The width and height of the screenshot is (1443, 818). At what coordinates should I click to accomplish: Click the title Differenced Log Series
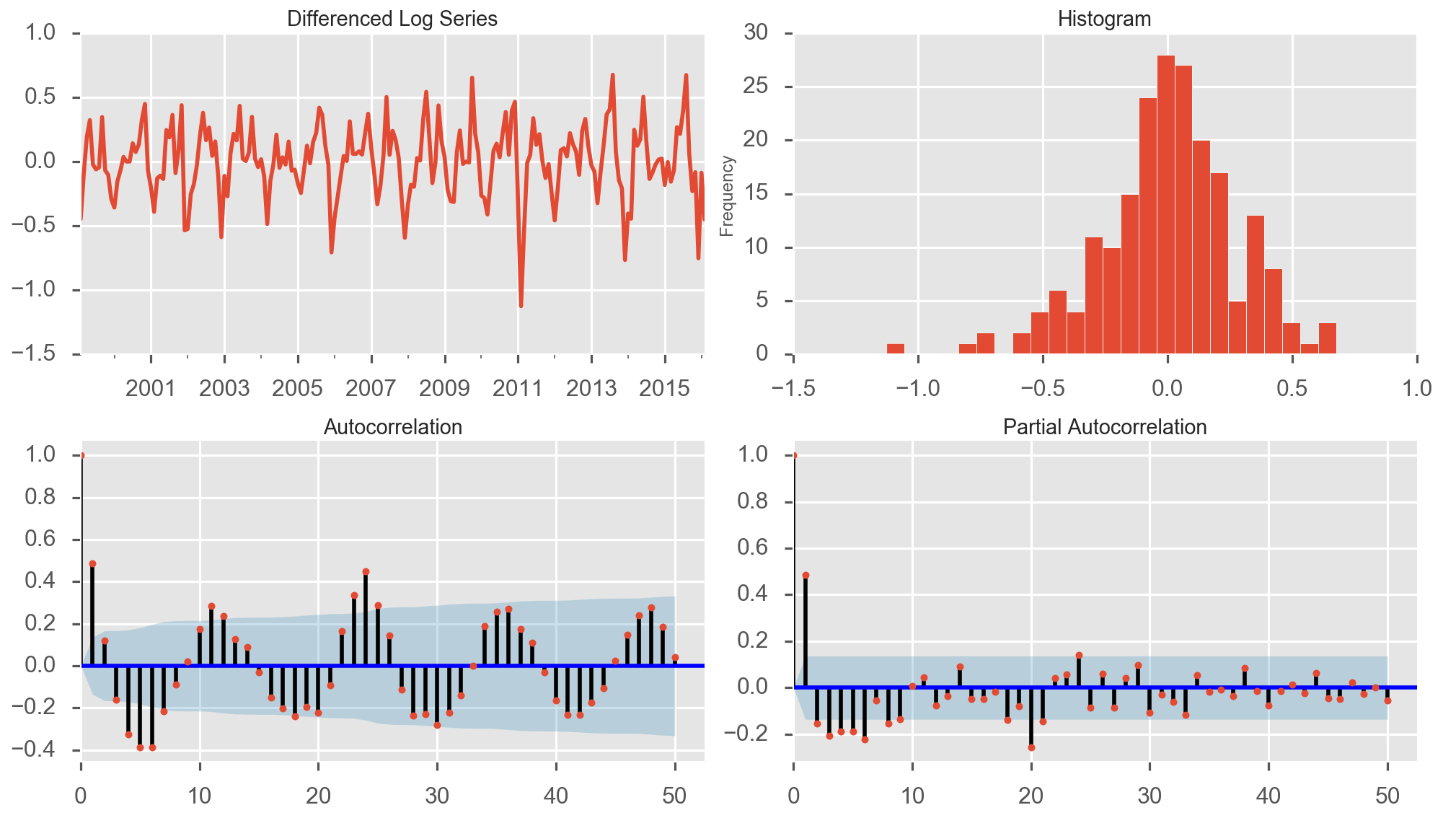(x=392, y=19)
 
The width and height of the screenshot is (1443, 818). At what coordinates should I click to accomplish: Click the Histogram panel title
(x=1104, y=19)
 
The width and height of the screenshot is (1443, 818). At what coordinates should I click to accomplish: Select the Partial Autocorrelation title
(x=1104, y=427)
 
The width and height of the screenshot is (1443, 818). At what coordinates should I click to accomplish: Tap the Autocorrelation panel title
(x=392, y=427)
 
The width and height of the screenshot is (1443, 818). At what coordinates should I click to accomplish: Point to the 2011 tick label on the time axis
(x=517, y=389)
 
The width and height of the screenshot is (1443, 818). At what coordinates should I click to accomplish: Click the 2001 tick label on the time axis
(x=150, y=389)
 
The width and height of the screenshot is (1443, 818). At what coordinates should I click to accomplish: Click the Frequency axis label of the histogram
(x=727, y=196)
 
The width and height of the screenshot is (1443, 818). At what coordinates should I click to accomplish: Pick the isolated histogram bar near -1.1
(x=895, y=349)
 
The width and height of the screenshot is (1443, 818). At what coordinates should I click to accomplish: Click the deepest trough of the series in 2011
(x=521, y=306)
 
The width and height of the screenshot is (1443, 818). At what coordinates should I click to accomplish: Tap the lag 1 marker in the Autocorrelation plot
(x=92, y=564)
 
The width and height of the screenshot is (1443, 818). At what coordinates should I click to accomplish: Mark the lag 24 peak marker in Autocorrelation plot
(x=366, y=571)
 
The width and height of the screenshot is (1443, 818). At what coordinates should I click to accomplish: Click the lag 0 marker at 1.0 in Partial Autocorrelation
(x=794, y=455)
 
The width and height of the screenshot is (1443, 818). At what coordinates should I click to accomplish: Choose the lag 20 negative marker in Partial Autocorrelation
(x=1031, y=747)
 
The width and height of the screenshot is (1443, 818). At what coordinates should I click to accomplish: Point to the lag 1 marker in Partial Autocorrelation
(x=806, y=576)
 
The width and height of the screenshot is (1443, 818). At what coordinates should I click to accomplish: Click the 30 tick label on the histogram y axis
(x=756, y=32)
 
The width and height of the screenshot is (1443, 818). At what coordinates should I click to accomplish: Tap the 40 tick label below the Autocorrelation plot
(x=556, y=796)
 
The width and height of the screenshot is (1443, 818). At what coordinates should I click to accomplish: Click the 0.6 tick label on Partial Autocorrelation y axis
(x=754, y=548)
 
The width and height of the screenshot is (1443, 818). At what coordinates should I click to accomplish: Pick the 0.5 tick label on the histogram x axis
(x=1292, y=389)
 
